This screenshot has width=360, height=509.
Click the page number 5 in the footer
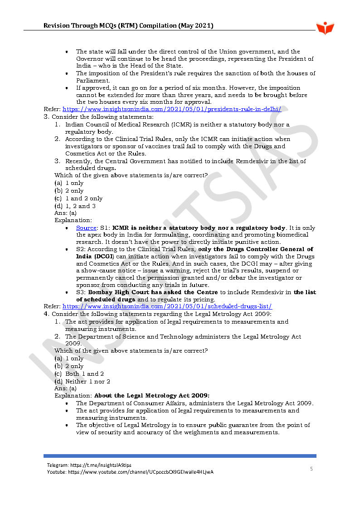[x=311, y=469]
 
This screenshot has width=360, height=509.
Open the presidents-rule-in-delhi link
[x=172, y=109]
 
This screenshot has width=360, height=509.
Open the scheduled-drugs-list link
[x=167, y=306]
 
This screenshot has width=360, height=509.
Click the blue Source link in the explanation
[x=86, y=228]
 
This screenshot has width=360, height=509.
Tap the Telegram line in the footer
[x=89, y=465]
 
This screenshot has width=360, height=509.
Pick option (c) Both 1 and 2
[x=79, y=374]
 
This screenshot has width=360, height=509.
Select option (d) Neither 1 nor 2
[x=82, y=381]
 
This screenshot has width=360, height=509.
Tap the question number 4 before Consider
[x=46, y=314]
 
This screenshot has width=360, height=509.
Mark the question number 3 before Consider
[x=46, y=116]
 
